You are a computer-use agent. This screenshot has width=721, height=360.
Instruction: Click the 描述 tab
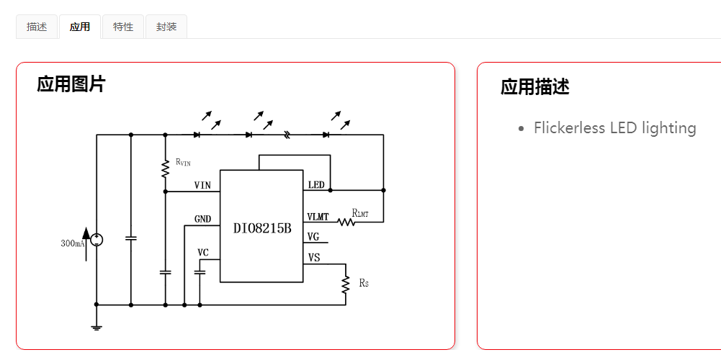(x=37, y=27)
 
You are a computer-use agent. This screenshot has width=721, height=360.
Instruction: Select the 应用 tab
(x=80, y=27)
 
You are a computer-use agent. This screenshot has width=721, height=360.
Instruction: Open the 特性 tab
(x=123, y=27)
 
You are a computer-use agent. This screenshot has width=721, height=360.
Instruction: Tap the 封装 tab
(x=166, y=27)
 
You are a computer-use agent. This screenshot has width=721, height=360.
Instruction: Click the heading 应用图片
(x=71, y=84)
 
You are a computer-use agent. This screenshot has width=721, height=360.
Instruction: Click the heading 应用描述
(x=534, y=87)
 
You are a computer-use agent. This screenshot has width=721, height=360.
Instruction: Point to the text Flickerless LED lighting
(x=614, y=128)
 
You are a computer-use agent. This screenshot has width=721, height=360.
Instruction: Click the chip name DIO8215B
(x=262, y=228)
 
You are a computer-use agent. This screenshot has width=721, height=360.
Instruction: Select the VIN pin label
(x=202, y=186)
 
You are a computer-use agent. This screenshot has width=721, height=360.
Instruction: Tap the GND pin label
(x=202, y=219)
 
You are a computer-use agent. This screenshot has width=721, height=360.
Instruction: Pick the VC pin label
(x=203, y=253)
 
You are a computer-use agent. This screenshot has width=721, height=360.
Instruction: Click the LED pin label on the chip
(x=316, y=185)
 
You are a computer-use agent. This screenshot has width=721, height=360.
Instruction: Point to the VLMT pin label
(x=318, y=217)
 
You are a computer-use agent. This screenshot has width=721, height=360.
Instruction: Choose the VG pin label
(x=313, y=237)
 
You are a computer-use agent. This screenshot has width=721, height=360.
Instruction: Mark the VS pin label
(x=313, y=257)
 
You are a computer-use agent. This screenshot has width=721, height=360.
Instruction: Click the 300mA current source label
(x=72, y=243)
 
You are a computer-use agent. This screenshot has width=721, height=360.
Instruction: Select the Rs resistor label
(x=363, y=283)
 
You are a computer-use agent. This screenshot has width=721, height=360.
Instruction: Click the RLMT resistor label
(x=360, y=213)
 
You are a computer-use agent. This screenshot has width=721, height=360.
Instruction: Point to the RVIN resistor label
(x=183, y=162)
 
